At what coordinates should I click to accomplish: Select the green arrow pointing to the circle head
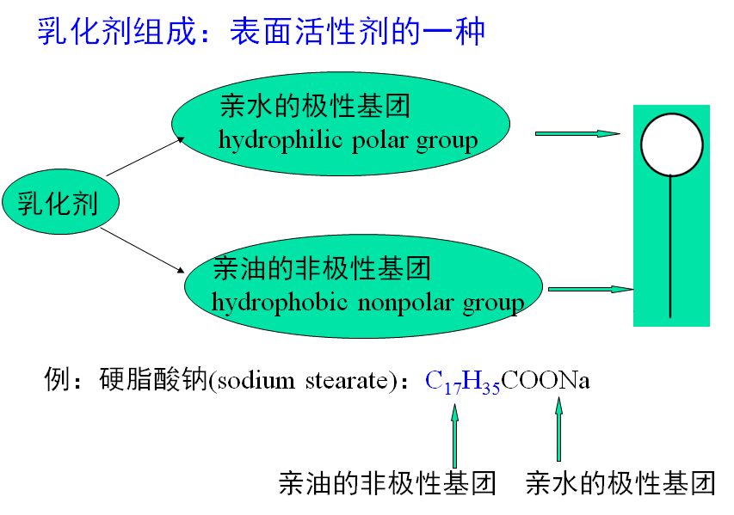tap(577, 133)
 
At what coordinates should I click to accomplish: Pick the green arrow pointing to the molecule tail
tap(590, 289)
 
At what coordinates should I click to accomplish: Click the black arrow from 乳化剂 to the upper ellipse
tap(145, 156)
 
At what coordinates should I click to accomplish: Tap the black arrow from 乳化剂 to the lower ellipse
tap(145, 249)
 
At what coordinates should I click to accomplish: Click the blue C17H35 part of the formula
tap(462, 381)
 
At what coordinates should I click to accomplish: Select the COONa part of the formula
tap(546, 380)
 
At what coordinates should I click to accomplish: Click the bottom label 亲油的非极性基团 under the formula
tap(387, 483)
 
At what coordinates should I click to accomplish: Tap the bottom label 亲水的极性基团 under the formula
tap(620, 483)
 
